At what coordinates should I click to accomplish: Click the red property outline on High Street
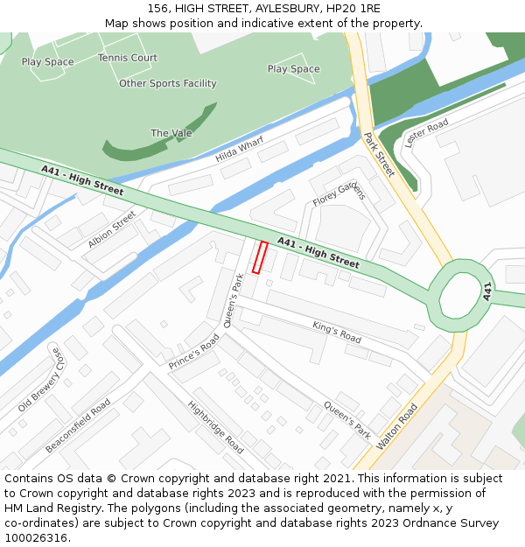[260, 257]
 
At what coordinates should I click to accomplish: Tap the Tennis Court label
[128, 58]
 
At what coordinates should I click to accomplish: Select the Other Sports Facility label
[168, 83]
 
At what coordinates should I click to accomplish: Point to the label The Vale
[171, 133]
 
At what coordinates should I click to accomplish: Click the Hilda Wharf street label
[239, 150]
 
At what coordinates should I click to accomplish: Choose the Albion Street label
[112, 228]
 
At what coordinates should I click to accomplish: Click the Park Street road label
[380, 154]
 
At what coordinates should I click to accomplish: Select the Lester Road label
[427, 132]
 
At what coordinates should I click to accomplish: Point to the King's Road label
[337, 332]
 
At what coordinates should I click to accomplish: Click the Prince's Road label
[194, 350]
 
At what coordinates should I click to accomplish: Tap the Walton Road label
[396, 426]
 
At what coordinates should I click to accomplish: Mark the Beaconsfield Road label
[78, 426]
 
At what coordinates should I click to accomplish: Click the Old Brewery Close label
[41, 380]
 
